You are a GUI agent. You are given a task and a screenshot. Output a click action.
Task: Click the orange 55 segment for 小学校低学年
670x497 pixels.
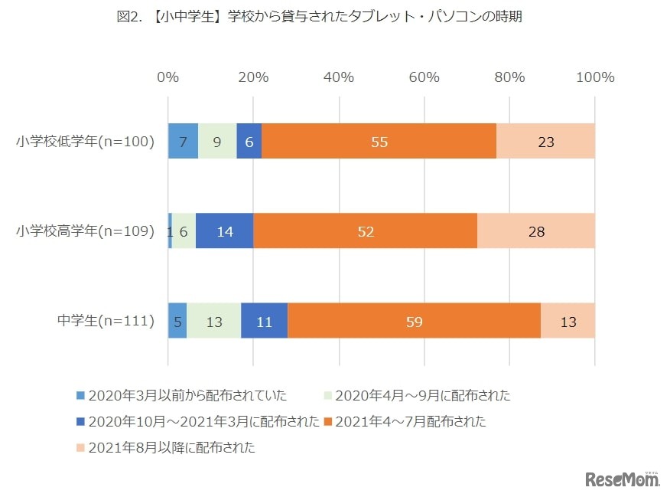[x=379, y=142]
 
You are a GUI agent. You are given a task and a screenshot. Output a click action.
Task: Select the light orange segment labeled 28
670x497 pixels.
[x=535, y=231]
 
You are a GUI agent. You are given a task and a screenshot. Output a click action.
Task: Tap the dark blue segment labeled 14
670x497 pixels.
[x=224, y=231]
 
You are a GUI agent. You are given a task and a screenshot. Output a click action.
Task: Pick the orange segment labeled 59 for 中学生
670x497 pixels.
[x=414, y=322]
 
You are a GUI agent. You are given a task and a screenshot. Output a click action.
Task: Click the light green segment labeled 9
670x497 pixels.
[x=217, y=142]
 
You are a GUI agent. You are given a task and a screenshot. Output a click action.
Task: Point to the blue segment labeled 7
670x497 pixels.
[x=183, y=142]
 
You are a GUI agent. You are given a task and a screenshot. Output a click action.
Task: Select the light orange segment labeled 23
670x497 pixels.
[x=545, y=142]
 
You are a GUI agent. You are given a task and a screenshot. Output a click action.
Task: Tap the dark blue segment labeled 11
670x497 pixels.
[x=264, y=322]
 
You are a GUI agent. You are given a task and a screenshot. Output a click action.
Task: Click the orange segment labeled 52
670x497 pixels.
[x=365, y=231]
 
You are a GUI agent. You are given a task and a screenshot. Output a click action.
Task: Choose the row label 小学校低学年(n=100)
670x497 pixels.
[x=85, y=142]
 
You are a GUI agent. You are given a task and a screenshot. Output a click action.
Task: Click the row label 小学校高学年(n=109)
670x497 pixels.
[x=85, y=231]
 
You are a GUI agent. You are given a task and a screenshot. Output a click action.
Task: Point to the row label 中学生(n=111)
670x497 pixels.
[x=106, y=322]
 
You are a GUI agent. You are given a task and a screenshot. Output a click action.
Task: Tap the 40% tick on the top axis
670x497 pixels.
[x=338, y=77]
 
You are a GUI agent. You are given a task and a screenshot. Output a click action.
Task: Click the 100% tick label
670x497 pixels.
[x=594, y=77]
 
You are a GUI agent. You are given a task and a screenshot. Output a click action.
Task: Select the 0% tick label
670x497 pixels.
[x=167, y=77]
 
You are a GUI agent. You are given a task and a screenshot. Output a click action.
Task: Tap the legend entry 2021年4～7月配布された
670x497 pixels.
[x=409, y=422]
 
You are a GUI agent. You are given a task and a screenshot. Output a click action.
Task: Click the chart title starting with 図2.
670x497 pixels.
[x=319, y=18]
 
